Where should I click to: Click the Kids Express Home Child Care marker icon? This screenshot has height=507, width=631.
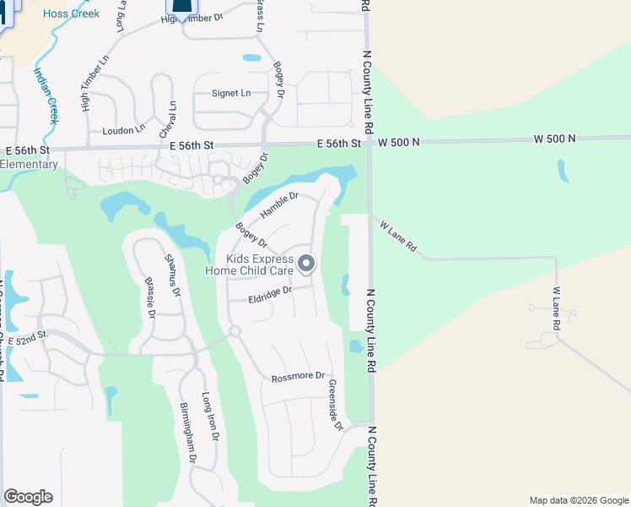[x=306, y=264]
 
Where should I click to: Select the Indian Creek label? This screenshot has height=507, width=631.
[x=45, y=95]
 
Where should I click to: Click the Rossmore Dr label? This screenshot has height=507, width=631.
[x=298, y=377]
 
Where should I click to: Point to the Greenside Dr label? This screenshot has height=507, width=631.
[x=334, y=405]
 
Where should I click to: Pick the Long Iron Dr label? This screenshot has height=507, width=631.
[x=211, y=417]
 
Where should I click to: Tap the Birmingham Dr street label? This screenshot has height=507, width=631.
[x=187, y=432]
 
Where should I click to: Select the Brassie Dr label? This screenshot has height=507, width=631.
[x=150, y=297]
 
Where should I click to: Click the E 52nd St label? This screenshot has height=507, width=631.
[x=28, y=337]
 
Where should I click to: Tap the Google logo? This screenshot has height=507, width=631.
[x=28, y=497]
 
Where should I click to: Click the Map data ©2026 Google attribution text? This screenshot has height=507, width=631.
[x=578, y=500]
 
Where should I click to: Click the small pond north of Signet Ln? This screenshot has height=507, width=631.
[x=251, y=58]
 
